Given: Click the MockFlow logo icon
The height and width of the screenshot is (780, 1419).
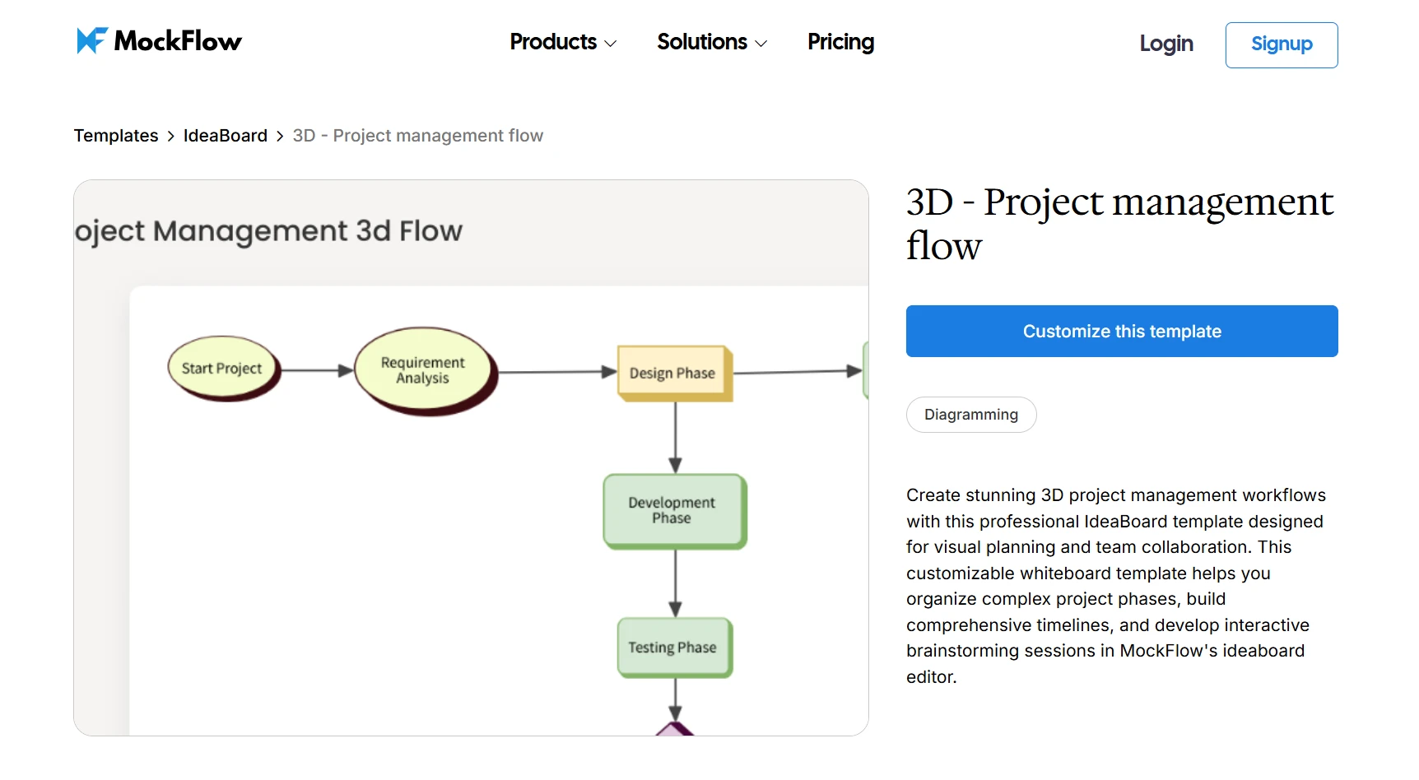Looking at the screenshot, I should tap(92, 40).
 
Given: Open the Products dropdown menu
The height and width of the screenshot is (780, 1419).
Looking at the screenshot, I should tap(563, 42).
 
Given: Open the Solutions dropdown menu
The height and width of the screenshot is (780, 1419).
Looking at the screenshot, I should tap(711, 42).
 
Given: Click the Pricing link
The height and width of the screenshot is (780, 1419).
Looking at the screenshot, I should tap(840, 42).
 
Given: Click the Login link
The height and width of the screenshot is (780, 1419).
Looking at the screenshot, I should tap(1165, 44).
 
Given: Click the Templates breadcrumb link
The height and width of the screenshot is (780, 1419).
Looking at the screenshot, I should tap(116, 136).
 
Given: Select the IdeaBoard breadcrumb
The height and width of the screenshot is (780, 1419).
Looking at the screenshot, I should tap(225, 136).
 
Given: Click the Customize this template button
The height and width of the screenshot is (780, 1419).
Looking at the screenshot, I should tap(1121, 332).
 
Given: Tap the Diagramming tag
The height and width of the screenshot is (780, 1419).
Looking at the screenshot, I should tap(970, 415).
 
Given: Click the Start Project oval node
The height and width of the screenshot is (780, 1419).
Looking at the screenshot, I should tap(222, 369).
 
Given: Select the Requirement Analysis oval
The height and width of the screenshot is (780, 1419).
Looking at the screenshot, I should tap(423, 370).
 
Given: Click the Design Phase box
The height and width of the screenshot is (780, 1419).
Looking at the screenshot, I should tap(672, 374).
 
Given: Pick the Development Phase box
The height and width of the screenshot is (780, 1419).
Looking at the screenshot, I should tap(672, 510).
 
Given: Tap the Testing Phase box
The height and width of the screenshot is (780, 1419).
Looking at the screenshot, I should tap(672, 648).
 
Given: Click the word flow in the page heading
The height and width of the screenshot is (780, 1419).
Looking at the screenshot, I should tap(943, 246).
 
